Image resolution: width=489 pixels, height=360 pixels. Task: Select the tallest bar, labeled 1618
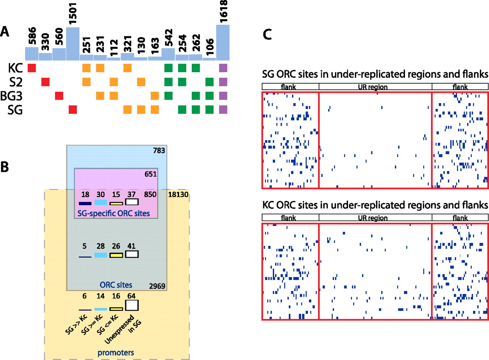(223, 42)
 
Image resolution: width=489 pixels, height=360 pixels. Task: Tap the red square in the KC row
(32, 68)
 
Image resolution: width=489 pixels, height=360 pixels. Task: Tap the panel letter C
(269, 36)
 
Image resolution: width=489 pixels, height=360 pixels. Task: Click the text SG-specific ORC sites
(113, 212)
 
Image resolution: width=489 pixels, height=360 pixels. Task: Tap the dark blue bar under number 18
(85, 203)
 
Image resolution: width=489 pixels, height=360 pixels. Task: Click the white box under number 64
(132, 305)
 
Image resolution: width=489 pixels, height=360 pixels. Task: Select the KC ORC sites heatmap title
(375, 205)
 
